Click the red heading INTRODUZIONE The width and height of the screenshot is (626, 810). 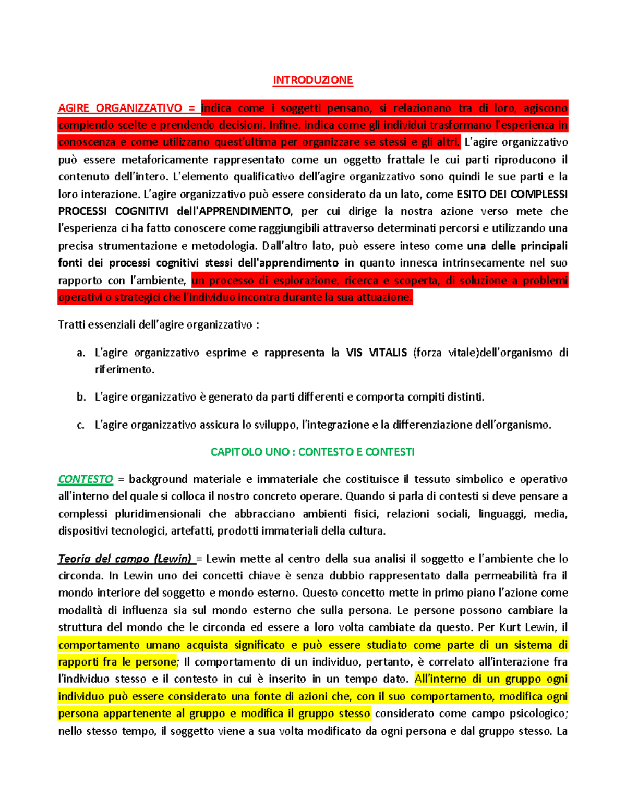313,80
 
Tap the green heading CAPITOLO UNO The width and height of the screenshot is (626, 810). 312,452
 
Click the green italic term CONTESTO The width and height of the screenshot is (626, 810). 85,479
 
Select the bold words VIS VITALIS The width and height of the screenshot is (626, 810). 376,353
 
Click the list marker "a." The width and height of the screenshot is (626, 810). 81,353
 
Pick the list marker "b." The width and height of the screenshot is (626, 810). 81,397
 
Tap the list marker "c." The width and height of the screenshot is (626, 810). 81,425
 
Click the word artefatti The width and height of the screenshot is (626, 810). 193,531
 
